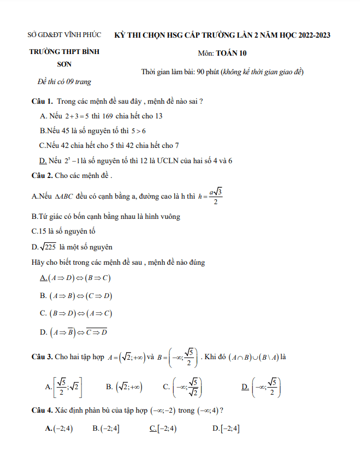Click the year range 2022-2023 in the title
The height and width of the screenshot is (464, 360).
point(310,35)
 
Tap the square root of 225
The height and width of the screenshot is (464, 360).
point(46,246)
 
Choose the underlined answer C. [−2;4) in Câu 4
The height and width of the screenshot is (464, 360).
point(163,429)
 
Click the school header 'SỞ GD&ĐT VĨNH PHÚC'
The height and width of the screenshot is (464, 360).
point(64,35)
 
